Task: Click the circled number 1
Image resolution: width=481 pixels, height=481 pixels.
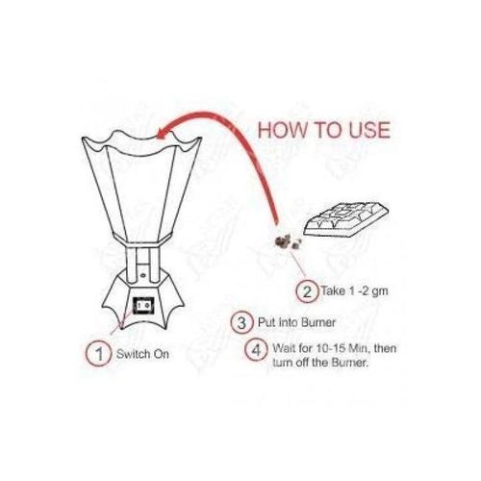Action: (99, 354)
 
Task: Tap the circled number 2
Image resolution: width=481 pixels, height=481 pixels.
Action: (307, 291)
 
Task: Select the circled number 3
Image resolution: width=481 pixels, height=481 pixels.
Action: (241, 322)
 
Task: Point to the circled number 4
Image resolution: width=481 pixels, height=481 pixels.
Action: (256, 349)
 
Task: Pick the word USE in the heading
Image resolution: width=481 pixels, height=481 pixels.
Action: (369, 130)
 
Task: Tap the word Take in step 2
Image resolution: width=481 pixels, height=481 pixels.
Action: (333, 291)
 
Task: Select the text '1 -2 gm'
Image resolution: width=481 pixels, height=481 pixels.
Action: (368, 291)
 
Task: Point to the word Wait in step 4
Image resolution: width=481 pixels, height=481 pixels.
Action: (285, 348)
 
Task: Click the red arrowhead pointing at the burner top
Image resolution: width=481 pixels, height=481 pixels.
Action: (165, 132)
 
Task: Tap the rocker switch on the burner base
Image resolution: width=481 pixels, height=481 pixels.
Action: (143, 306)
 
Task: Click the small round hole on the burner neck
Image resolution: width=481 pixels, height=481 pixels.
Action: (143, 275)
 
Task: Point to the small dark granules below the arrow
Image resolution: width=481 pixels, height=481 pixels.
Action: (288, 241)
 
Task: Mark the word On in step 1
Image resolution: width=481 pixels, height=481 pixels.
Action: (162, 354)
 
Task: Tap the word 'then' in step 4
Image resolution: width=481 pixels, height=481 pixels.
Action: (385, 348)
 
